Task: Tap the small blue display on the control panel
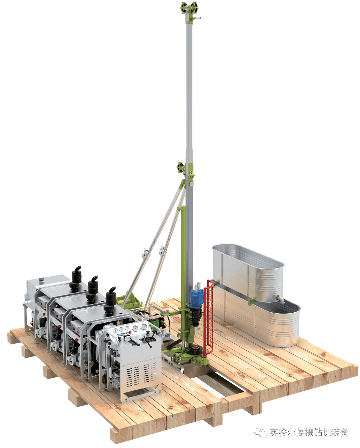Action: [x=121, y=335]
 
